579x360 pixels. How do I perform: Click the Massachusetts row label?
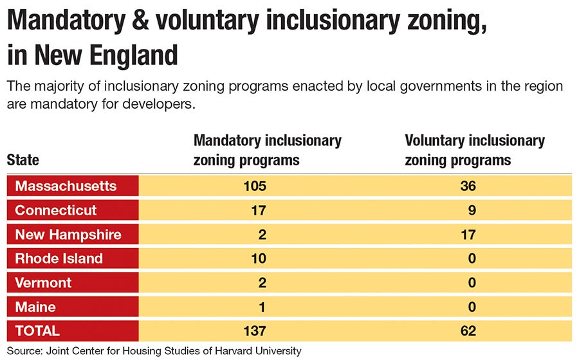(66, 186)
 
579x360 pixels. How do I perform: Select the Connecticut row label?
(56, 210)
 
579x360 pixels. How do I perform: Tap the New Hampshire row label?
(68, 235)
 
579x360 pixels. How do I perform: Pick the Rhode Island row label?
(59, 258)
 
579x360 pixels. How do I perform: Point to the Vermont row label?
(43, 283)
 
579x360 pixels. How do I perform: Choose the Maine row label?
(35, 307)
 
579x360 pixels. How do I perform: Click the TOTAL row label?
(37, 331)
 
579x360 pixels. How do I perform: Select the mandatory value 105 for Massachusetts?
(255, 186)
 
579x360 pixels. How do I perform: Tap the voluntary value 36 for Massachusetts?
(468, 186)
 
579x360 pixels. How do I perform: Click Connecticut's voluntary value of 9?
(472, 210)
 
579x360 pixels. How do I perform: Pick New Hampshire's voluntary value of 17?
(468, 235)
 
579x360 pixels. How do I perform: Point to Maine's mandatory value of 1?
(262, 307)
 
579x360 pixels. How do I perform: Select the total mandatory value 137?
(255, 331)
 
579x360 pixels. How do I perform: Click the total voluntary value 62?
(468, 331)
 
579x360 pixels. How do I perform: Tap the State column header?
(23, 160)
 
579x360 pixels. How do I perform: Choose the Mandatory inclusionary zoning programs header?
(267, 150)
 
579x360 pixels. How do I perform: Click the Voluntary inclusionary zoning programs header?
(474, 150)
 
